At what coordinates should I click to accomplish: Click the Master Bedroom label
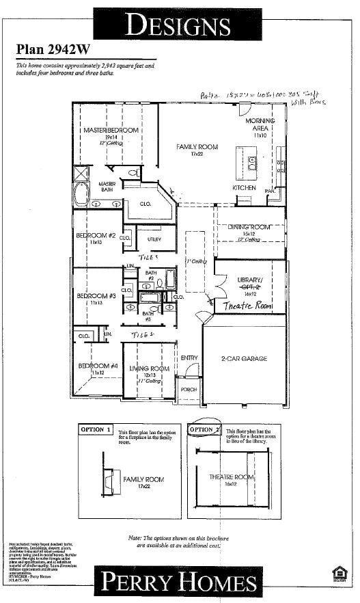coord(111,130)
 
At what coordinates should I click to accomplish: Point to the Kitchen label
coord(244,187)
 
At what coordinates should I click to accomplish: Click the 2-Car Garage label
coord(243,358)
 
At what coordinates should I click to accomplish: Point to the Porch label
coord(189,389)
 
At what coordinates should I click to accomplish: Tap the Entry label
coord(189,358)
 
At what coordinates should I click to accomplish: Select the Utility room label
coord(154,239)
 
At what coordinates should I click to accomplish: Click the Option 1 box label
coord(96,429)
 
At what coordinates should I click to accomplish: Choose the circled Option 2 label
coord(203,429)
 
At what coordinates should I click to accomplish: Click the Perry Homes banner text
coord(179,582)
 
